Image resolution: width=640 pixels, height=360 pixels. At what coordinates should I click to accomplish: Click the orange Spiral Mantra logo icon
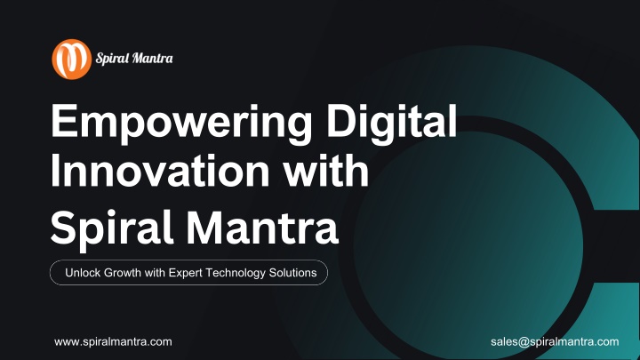[71, 60]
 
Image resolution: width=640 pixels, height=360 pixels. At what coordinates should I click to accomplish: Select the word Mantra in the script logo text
[152, 58]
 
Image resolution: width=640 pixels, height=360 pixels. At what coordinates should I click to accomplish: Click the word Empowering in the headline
[181, 123]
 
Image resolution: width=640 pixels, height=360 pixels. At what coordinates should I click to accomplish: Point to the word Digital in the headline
[391, 122]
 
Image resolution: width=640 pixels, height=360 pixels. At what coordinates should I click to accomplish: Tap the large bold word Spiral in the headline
[112, 228]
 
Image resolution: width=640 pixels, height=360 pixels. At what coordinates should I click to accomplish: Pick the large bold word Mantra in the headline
[262, 227]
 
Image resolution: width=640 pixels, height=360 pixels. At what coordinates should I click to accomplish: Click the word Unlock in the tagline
[83, 273]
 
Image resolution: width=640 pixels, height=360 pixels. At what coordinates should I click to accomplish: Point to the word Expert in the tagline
[185, 273]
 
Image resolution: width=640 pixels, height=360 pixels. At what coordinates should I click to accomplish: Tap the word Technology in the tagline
[236, 273]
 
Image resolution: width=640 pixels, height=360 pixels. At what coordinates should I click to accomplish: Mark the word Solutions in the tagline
[292, 273]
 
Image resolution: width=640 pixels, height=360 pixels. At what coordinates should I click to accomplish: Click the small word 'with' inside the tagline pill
[155, 273]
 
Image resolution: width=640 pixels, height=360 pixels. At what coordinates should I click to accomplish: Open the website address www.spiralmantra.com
[113, 342]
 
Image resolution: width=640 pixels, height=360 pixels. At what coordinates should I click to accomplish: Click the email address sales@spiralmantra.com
[555, 341]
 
